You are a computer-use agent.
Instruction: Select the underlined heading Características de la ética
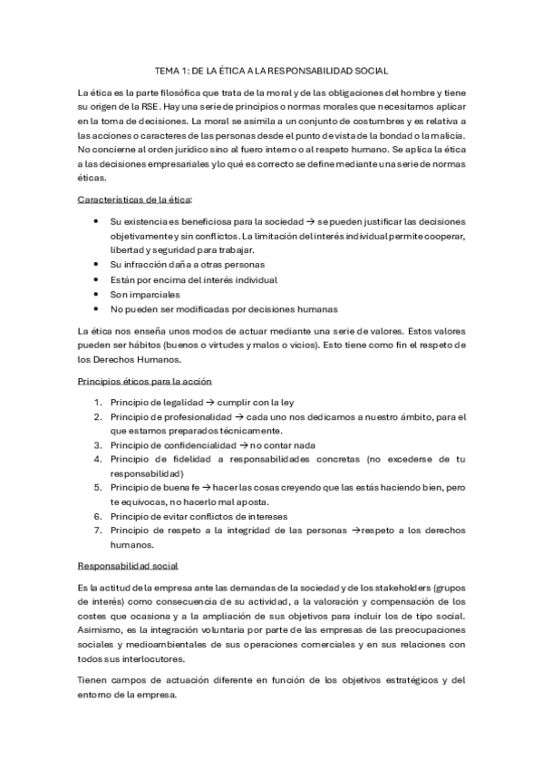[135, 198]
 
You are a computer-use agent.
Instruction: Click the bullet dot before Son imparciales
[97, 295]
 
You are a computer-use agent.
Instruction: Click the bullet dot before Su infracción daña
[97, 265]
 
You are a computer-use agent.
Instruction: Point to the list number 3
[98, 445]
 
